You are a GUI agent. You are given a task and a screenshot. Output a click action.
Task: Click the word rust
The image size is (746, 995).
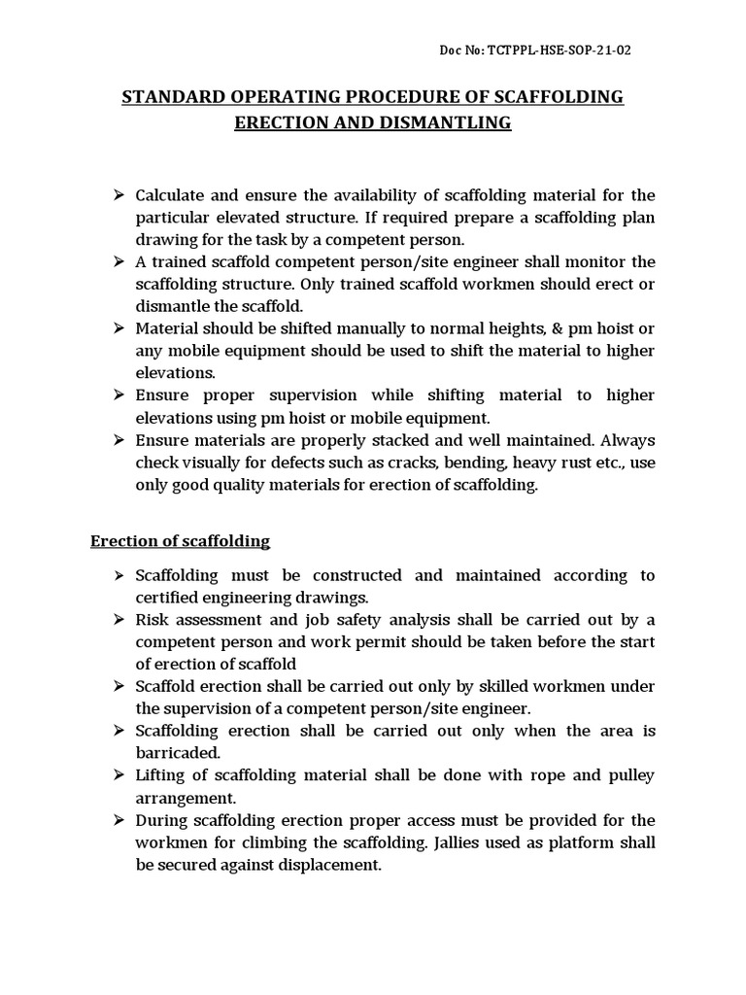point(576,462)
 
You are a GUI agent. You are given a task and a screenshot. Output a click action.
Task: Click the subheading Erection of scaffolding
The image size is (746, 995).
point(180,540)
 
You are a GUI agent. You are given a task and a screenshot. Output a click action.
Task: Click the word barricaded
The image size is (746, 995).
point(178,753)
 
